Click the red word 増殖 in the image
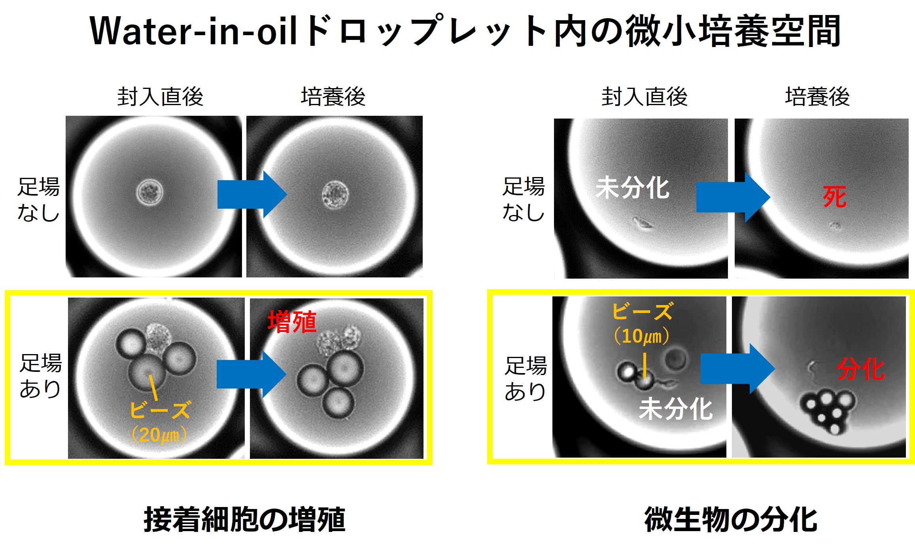click(x=292, y=322)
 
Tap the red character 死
click(x=835, y=197)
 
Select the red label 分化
click(x=861, y=369)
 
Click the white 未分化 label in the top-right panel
click(x=632, y=188)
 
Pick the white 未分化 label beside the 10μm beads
click(x=676, y=409)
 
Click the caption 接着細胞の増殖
click(x=244, y=519)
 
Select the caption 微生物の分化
click(x=731, y=519)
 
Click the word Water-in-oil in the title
click(x=193, y=31)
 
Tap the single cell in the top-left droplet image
click(x=150, y=192)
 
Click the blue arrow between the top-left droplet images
click(x=252, y=194)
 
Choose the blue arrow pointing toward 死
click(x=733, y=197)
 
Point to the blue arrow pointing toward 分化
click(x=737, y=369)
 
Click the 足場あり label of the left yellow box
click(x=41, y=375)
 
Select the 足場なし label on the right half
click(x=524, y=199)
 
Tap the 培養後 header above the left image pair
click(x=333, y=97)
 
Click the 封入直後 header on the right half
click(x=645, y=97)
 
